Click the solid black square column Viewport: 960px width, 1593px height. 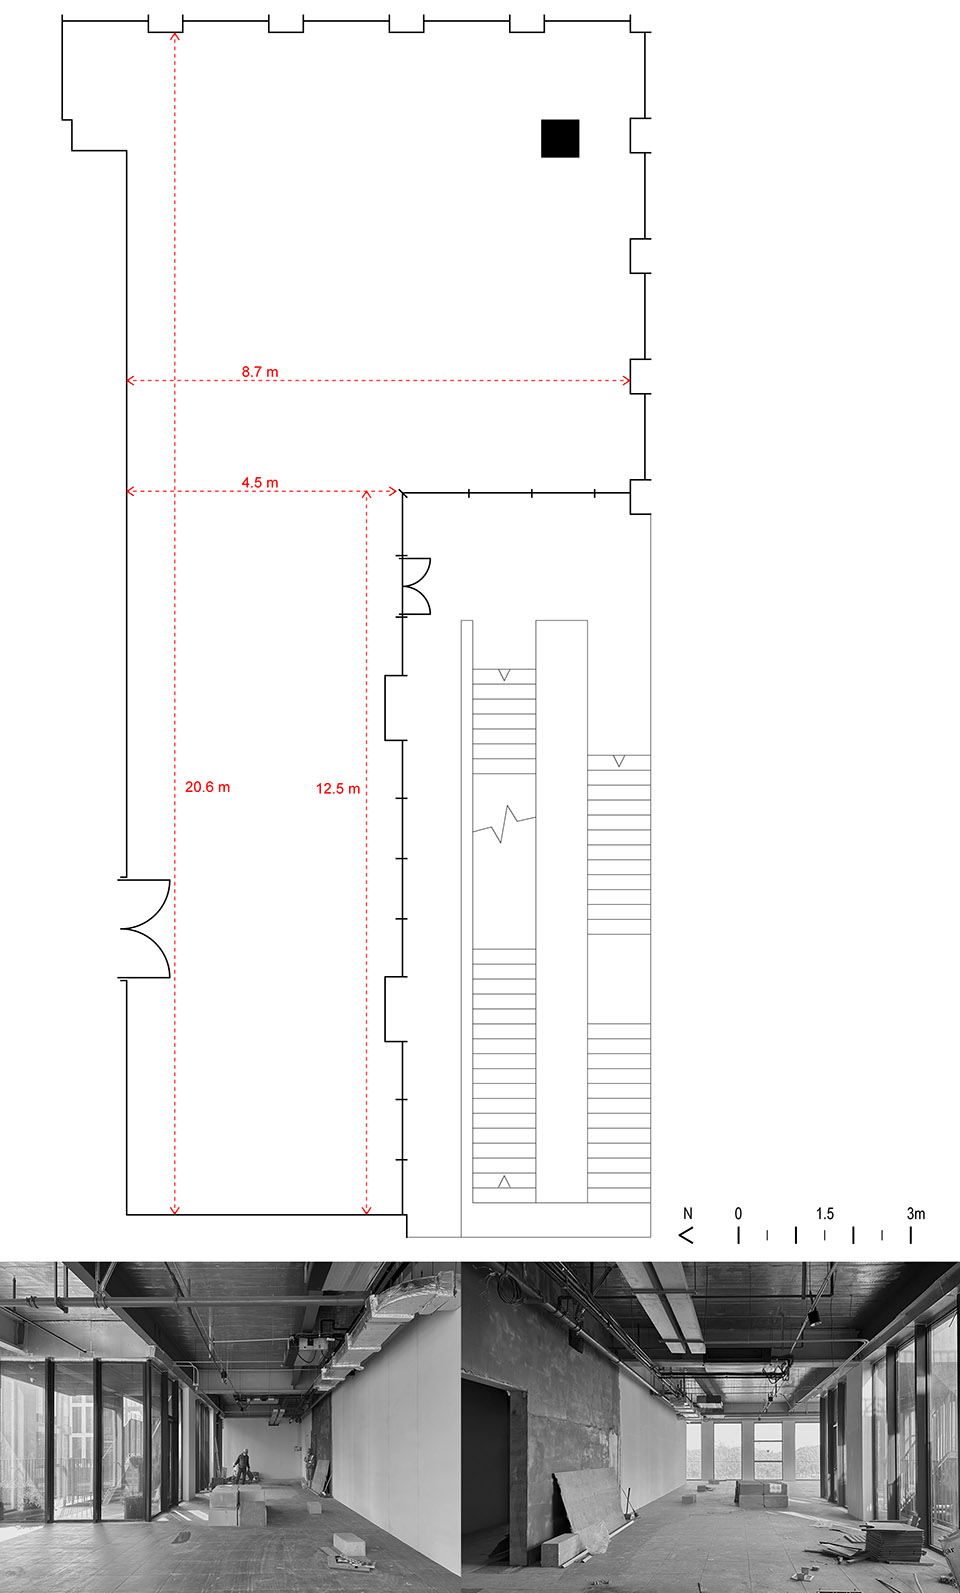point(560,139)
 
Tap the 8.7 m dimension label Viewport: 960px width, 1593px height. point(260,372)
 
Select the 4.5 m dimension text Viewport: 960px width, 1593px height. point(260,483)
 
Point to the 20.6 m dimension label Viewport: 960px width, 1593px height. point(207,787)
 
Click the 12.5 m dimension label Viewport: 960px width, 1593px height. point(338,789)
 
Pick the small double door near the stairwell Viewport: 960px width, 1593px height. point(415,586)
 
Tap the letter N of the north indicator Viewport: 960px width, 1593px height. point(687,1214)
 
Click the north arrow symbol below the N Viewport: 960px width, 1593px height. point(686,1235)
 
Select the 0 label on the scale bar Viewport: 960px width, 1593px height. point(738,1214)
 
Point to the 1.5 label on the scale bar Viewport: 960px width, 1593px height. point(824,1214)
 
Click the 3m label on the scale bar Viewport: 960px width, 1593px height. point(915,1214)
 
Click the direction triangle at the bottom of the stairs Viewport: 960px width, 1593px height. point(504,1182)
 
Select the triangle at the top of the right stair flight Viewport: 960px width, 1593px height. point(619,762)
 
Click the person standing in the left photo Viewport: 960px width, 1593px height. point(242,1466)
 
